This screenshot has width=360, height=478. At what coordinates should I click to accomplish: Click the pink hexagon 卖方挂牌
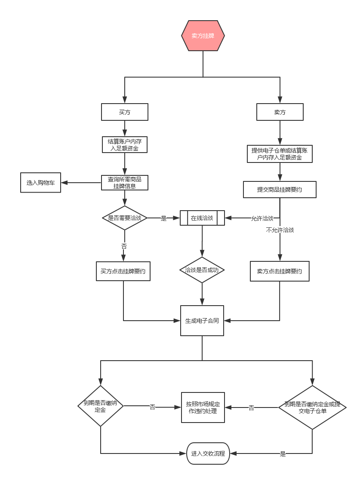(x=203, y=36)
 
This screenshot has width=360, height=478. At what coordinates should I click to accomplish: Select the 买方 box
(x=125, y=112)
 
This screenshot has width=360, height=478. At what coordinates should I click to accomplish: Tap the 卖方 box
(x=280, y=112)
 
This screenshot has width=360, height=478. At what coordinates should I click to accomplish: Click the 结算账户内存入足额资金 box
(x=125, y=145)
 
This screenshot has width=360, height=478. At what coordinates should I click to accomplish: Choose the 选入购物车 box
(x=41, y=183)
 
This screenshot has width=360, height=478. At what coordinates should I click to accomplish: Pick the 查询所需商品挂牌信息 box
(x=125, y=183)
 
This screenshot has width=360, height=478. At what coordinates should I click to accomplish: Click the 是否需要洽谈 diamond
(x=125, y=218)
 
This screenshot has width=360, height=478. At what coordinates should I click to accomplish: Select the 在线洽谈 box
(x=202, y=218)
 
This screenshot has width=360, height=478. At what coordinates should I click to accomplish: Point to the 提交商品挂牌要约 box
(x=280, y=190)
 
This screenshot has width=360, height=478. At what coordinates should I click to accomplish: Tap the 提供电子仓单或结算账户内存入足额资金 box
(x=280, y=154)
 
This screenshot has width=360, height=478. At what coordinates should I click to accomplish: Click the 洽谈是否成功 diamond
(x=202, y=270)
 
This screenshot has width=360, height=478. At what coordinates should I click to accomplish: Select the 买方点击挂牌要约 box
(x=123, y=271)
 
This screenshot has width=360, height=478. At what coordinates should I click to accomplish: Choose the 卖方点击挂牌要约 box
(x=280, y=271)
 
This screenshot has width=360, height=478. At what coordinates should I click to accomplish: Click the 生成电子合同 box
(x=202, y=321)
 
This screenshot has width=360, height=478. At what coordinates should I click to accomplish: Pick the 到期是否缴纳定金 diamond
(x=100, y=405)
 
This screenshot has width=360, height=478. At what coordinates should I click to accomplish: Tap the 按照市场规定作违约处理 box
(x=203, y=408)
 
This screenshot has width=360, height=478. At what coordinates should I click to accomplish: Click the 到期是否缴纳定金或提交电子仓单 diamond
(x=312, y=408)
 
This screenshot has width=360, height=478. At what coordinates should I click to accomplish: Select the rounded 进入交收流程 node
(x=208, y=453)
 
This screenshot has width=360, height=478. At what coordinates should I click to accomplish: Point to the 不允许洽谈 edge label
(x=280, y=230)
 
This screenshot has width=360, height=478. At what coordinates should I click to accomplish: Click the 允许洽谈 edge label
(x=262, y=218)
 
